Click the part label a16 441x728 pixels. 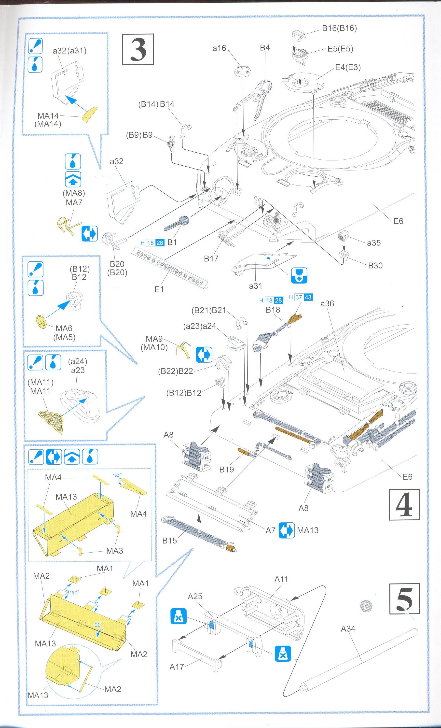pyautogui.click(x=219, y=48)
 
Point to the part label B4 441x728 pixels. pyautogui.click(x=265, y=48)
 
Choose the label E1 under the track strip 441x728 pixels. pyautogui.click(x=159, y=289)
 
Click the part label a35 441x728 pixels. pyautogui.click(x=374, y=243)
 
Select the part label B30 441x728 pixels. pyautogui.click(x=375, y=265)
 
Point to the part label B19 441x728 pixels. pyautogui.click(x=226, y=470)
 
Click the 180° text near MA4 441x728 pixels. pyautogui.click(x=117, y=476)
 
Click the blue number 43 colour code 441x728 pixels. pyautogui.click(x=308, y=297)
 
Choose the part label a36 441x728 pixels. pyautogui.click(x=327, y=303)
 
